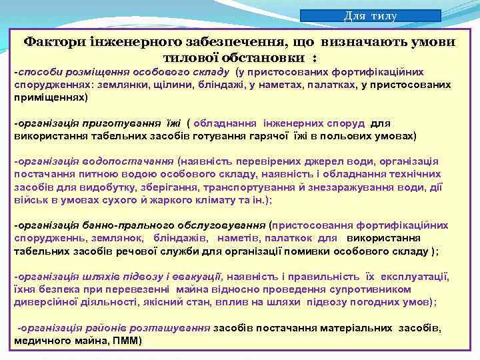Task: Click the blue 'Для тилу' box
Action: coord(370,16)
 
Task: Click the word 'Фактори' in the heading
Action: coord(53,41)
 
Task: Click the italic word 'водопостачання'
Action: coord(137,161)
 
